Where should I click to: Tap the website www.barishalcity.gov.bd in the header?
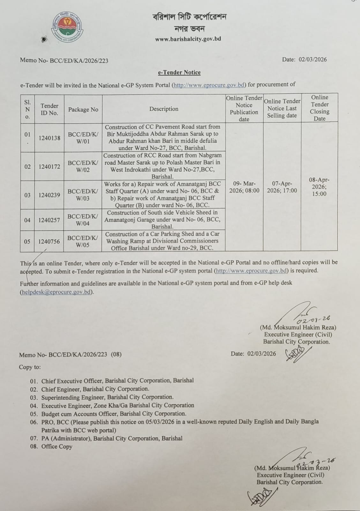tap(188, 39)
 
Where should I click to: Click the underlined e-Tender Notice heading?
tap(179, 72)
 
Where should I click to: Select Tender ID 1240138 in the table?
tap(49, 138)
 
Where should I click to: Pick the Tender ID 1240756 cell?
tap(49, 241)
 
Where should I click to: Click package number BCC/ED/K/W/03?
tap(83, 195)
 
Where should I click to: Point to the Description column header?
tap(164, 109)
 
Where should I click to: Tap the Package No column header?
tap(83, 110)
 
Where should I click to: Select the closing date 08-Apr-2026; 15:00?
tap(319, 187)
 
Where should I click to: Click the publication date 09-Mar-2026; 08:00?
tap(244, 187)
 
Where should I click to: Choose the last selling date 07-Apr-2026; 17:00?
tap(282, 187)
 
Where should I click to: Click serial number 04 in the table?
tap(27, 220)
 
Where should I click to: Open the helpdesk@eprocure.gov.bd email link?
tap(56, 292)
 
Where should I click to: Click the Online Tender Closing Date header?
tap(319, 108)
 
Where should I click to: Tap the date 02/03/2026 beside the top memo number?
tap(313, 59)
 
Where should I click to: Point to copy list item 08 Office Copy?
tap(51, 446)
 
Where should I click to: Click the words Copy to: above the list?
tap(30, 367)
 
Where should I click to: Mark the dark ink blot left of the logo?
tap(44, 39)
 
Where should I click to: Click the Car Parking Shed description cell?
tap(163, 241)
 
